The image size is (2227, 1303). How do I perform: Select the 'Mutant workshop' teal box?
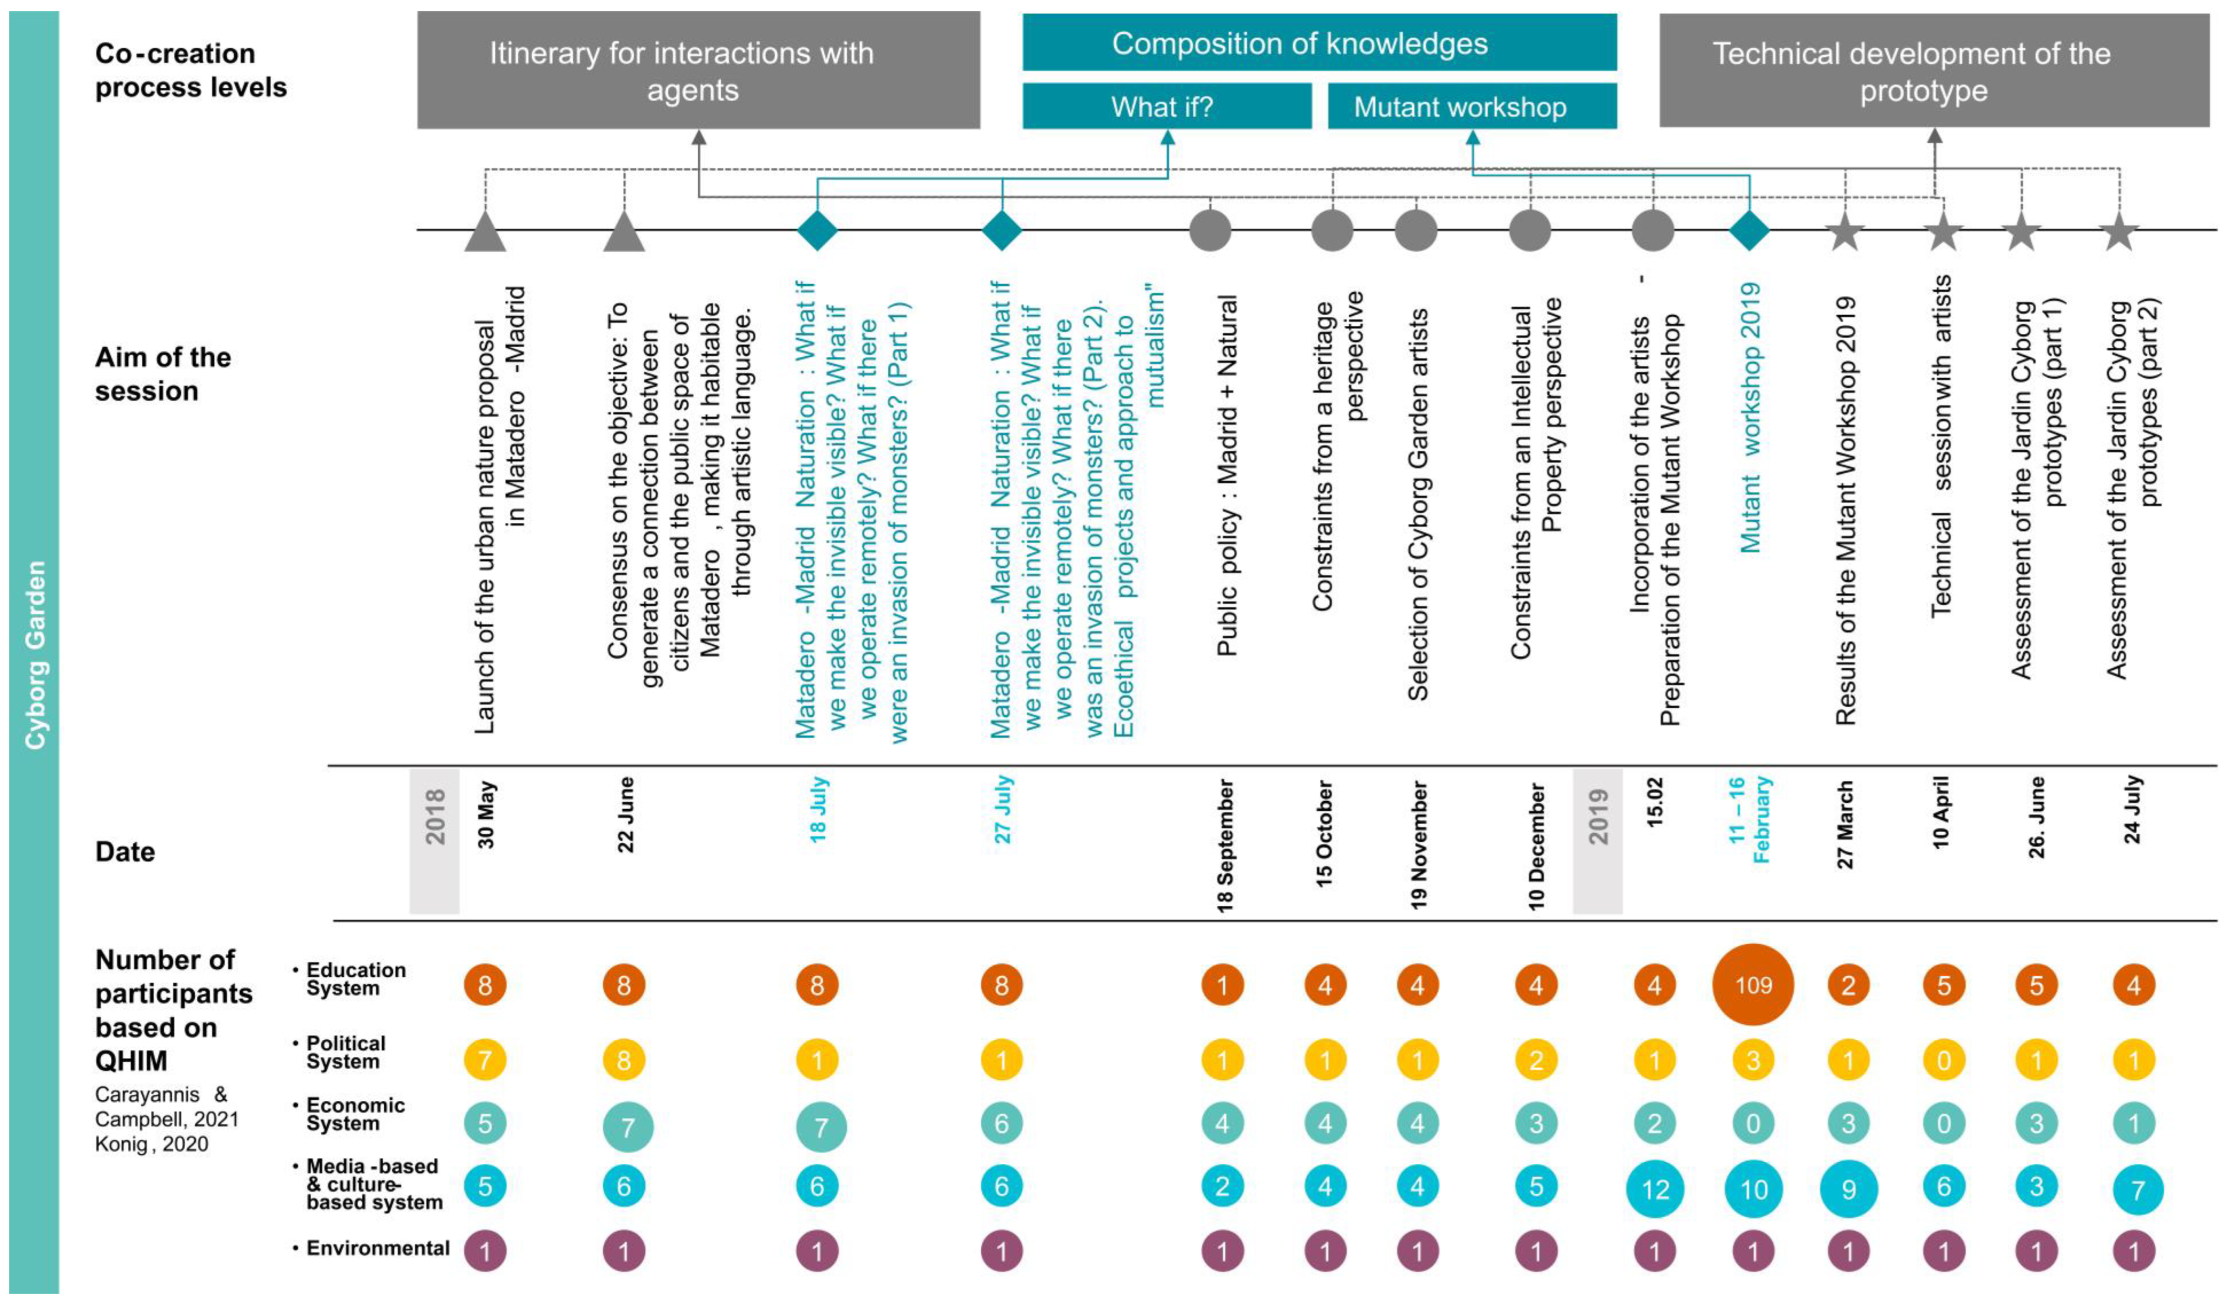1471,107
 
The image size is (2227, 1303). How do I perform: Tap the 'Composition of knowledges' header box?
1319,42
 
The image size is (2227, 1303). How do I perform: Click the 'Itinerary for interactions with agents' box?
698,71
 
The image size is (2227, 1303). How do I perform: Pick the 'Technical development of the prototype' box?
1933,71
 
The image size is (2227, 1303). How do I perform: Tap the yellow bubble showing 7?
485,1059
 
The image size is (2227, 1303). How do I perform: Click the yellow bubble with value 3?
1753,1059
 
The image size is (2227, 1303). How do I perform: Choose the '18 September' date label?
1224,846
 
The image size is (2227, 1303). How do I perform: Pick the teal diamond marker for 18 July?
817,230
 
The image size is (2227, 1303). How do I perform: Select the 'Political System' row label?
345,1052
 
